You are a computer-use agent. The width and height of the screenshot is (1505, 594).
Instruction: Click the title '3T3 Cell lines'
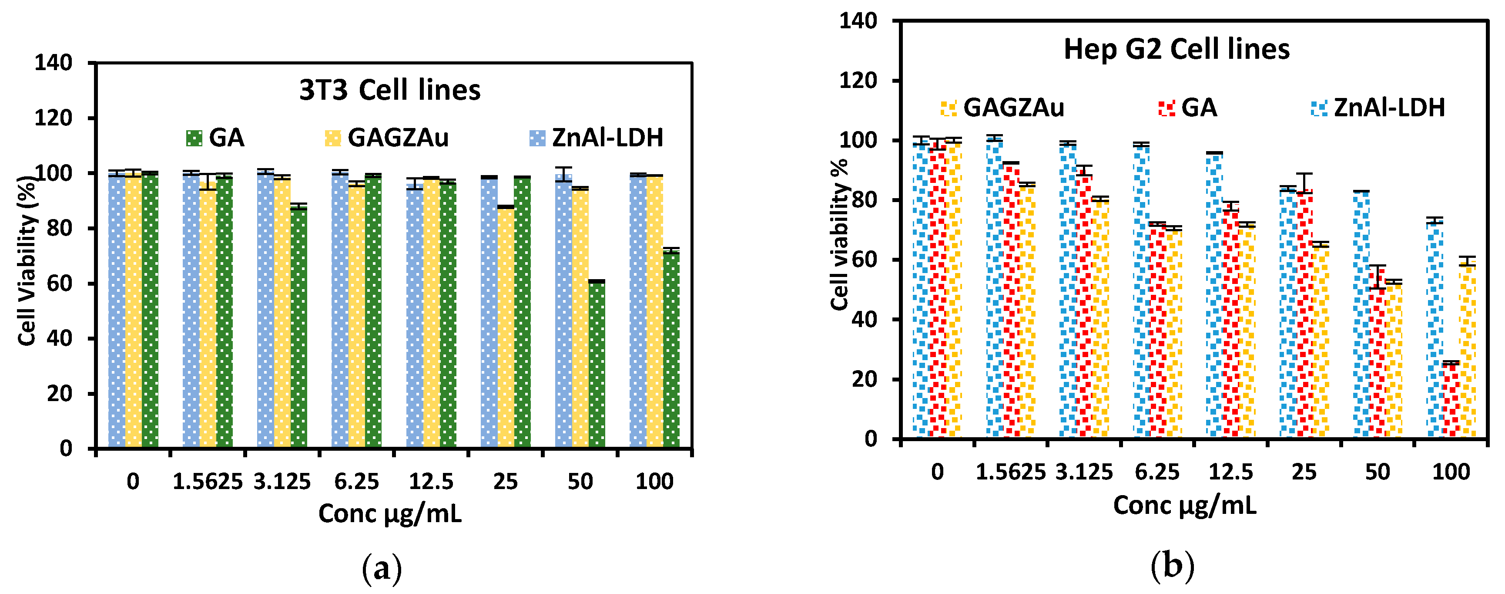[x=390, y=90]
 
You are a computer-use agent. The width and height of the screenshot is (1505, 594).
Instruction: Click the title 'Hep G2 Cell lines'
[x=1176, y=49]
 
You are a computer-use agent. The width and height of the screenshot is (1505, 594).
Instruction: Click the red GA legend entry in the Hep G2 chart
[x=1188, y=108]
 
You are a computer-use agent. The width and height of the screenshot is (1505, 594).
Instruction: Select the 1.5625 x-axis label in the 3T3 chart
[x=208, y=482]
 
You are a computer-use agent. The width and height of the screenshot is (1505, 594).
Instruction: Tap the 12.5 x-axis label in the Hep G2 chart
[x=1230, y=472]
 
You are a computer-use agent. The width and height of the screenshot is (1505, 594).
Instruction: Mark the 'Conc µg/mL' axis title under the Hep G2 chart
[x=1184, y=505]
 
